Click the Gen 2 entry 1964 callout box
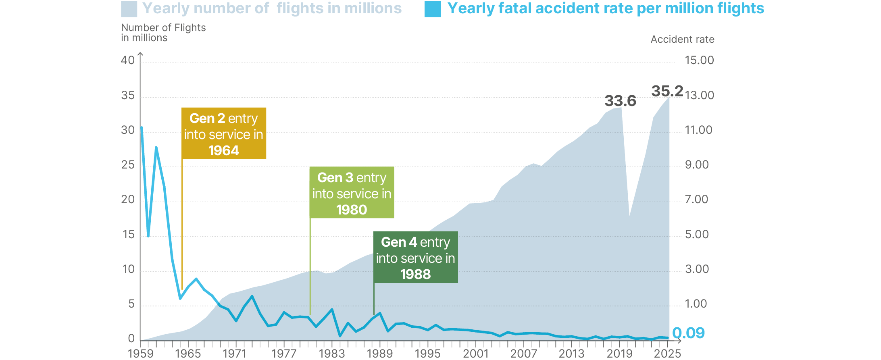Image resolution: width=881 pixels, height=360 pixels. click(x=223, y=133)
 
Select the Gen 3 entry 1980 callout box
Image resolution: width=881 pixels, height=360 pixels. click(x=352, y=193)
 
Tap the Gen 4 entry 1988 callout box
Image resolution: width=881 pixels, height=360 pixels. click(x=415, y=257)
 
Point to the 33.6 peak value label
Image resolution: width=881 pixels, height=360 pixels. click(x=620, y=101)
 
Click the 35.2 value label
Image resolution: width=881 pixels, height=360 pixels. click(x=667, y=91)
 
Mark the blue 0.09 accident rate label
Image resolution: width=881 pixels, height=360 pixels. click(x=688, y=333)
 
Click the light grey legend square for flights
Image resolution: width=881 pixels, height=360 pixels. click(x=129, y=9)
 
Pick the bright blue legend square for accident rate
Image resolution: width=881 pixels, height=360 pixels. click(x=432, y=9)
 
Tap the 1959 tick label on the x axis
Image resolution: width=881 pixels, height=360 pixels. click(x=140, y=354)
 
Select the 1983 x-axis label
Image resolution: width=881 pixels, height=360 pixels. click(x=331, y=354)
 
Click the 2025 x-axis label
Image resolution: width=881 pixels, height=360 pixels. click(x=667, y=354)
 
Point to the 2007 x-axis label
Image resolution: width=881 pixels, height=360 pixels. click(x=523, y=354)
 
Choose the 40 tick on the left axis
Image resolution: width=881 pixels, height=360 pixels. click(x=128, y=60)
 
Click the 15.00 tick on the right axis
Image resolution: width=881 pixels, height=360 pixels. click(x=699, y=60)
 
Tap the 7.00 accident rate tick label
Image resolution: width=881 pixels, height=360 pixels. click(x=696, y=200)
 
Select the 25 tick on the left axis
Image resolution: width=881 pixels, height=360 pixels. click(x=128, y=165)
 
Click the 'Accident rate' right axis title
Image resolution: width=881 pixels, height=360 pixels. click(x=682, y=40)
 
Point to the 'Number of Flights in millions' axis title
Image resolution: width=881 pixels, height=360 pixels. click(x=163, y=33)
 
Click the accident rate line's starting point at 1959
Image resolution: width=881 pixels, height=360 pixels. click(x=142, y=128)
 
